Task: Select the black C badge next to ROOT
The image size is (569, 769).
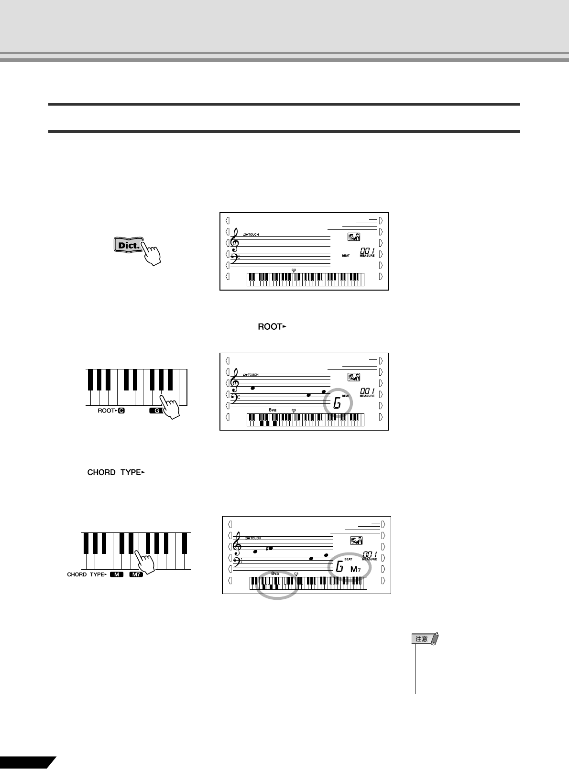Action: pyautogui.click(x=121, y=411)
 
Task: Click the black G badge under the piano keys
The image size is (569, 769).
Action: pyautogui.click(x=155, y=411)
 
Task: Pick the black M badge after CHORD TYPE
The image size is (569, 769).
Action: pyautogui.click(x=117, y=574)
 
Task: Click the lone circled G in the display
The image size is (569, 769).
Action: pyautogui.click(x=337, y=404)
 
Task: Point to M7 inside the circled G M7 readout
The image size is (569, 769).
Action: pyautogui.click(x=356, y=569)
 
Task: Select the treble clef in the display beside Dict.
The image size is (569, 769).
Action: pyautogui.click(x=235, y=239)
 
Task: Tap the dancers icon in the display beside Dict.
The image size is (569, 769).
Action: pyautogui.click(x=353, y=237)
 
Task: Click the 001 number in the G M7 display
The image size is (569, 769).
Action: pyautogui.click(x=369, y=554)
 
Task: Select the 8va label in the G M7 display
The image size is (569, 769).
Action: pyautogui.click(x=275, y=573)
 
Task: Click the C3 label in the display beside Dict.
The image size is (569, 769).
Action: pyautogui.click(x=294, y=270)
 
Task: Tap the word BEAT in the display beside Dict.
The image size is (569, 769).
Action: pyautogui.click(x=346, y=256)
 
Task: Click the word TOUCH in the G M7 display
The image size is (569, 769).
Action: pyautogui.click(x=255, y=538)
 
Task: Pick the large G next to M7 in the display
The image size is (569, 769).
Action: pyautogui.click(x=339, y=568)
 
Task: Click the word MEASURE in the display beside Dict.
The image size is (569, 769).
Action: pyautogui.click(x=367, y=256)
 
